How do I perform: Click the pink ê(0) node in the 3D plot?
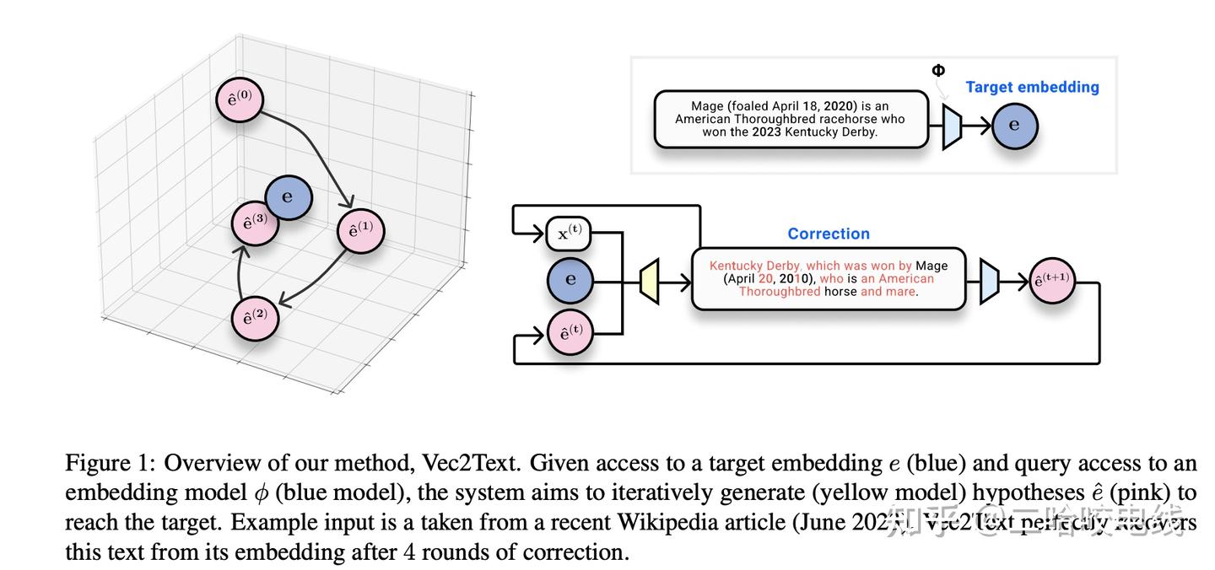[239, 99]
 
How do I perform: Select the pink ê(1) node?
[360, 230]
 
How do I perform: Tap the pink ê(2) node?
[255, 318]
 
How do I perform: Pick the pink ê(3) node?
[255, 223]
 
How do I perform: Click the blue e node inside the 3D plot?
[289, 197]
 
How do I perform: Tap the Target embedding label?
[1032, 87]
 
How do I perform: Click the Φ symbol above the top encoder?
[938, 71]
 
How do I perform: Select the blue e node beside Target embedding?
[1014, 126]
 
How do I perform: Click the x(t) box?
[569, 234]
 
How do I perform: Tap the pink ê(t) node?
[570, 332]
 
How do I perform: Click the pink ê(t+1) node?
[1052, 282]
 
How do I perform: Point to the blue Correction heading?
[828, 234]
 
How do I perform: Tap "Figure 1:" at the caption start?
[111, 463]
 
